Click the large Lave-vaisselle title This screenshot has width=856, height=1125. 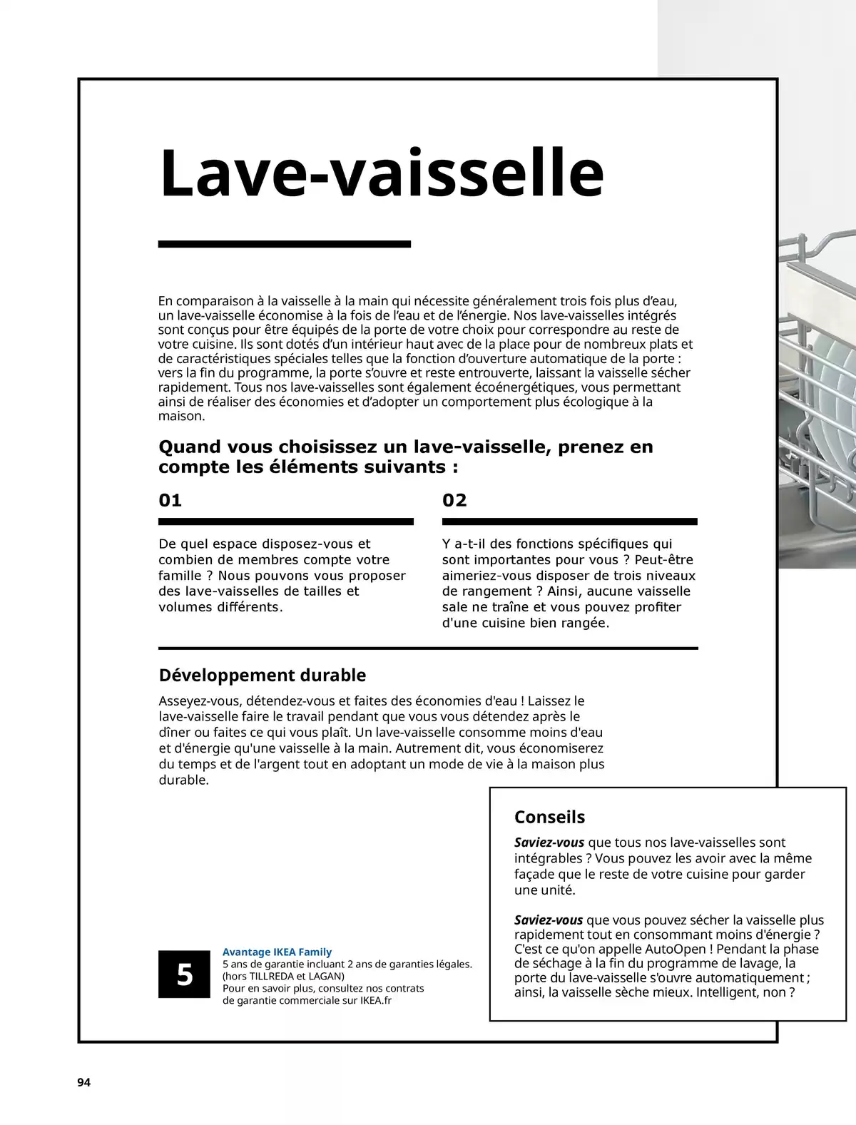coord(382,173)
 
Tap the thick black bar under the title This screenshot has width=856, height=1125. coord(284,245)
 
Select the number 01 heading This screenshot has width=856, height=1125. coord(170,500)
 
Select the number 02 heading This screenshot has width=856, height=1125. coord(454,500)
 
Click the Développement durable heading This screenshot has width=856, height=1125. coord(262,675)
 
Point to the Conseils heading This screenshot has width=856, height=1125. coord(549,817)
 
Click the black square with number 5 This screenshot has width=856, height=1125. coord(184,974)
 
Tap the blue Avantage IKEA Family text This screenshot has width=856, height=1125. coord(277,952)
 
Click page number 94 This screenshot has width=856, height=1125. coord(83,1082)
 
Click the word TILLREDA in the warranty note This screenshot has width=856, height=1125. coord(275,976)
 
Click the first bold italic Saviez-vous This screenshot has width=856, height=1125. coord(549,843)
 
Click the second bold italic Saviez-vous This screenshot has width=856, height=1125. coord(548,920)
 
